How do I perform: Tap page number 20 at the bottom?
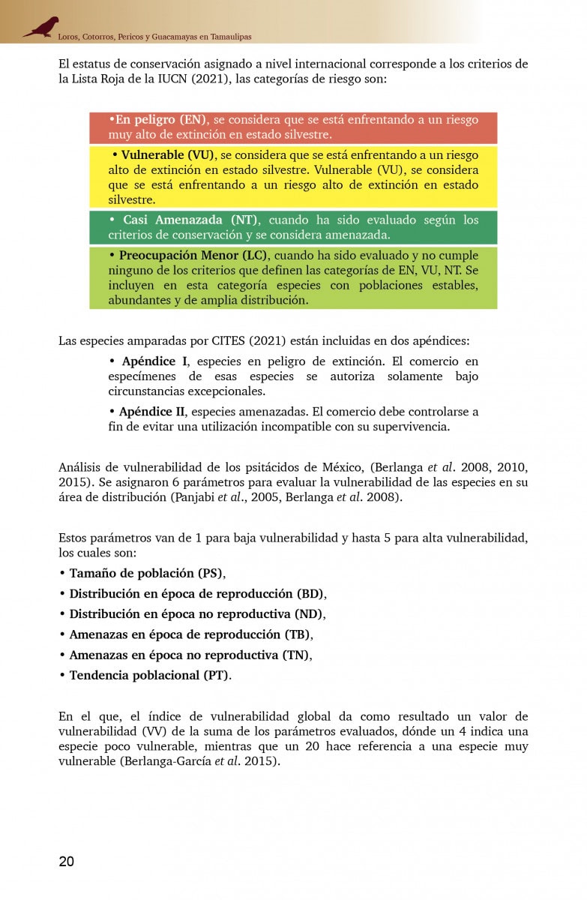pyautogui.click(x=67, y=861)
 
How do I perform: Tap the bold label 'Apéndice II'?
pyautogui.click(x=152, y=412)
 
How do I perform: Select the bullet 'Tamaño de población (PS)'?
pyautogui.click(x=146, y=574)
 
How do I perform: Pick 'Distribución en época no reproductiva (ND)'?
pyautogui.click(x=196, y=614)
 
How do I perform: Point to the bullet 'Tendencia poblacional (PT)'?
pyautogui.click(x=149, y=675)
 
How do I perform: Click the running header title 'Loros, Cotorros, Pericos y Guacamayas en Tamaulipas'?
pyautogui.click(x=149, y=37)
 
